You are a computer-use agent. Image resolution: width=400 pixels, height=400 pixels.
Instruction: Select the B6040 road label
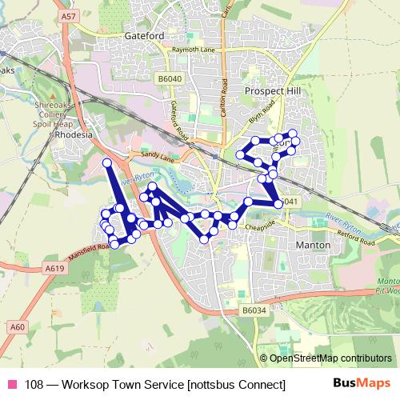[x=170, y=78]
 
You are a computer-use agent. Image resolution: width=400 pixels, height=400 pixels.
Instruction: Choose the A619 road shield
[x=54, y=269]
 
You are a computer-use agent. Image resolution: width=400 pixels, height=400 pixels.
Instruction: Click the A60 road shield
[x=18, y=326]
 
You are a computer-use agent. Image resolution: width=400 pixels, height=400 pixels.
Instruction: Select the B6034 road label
[x=253, y=310]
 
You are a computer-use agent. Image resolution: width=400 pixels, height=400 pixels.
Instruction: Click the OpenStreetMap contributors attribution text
[x=330, y=358]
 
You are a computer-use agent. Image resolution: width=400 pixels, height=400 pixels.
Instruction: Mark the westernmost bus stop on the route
[x=104, y=214]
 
